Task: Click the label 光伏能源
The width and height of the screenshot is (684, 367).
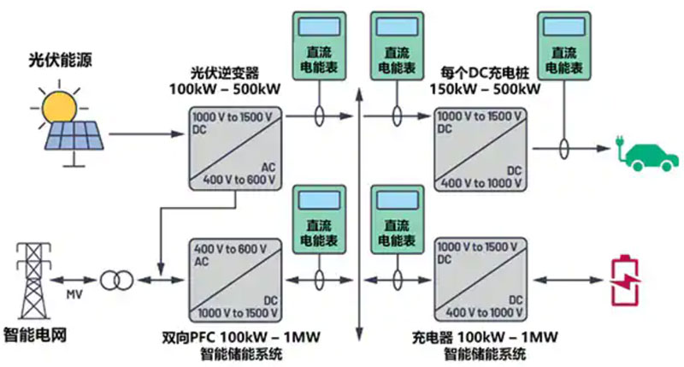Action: (x=56, y=61)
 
